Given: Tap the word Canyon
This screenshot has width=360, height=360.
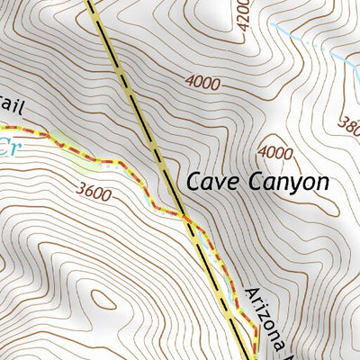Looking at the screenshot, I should point(288,183).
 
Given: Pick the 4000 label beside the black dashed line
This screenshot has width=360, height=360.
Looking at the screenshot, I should point(202,82).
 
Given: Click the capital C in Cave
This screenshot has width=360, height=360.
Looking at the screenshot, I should point(193,182).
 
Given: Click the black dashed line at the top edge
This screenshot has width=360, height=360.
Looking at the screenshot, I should point(91,4).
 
